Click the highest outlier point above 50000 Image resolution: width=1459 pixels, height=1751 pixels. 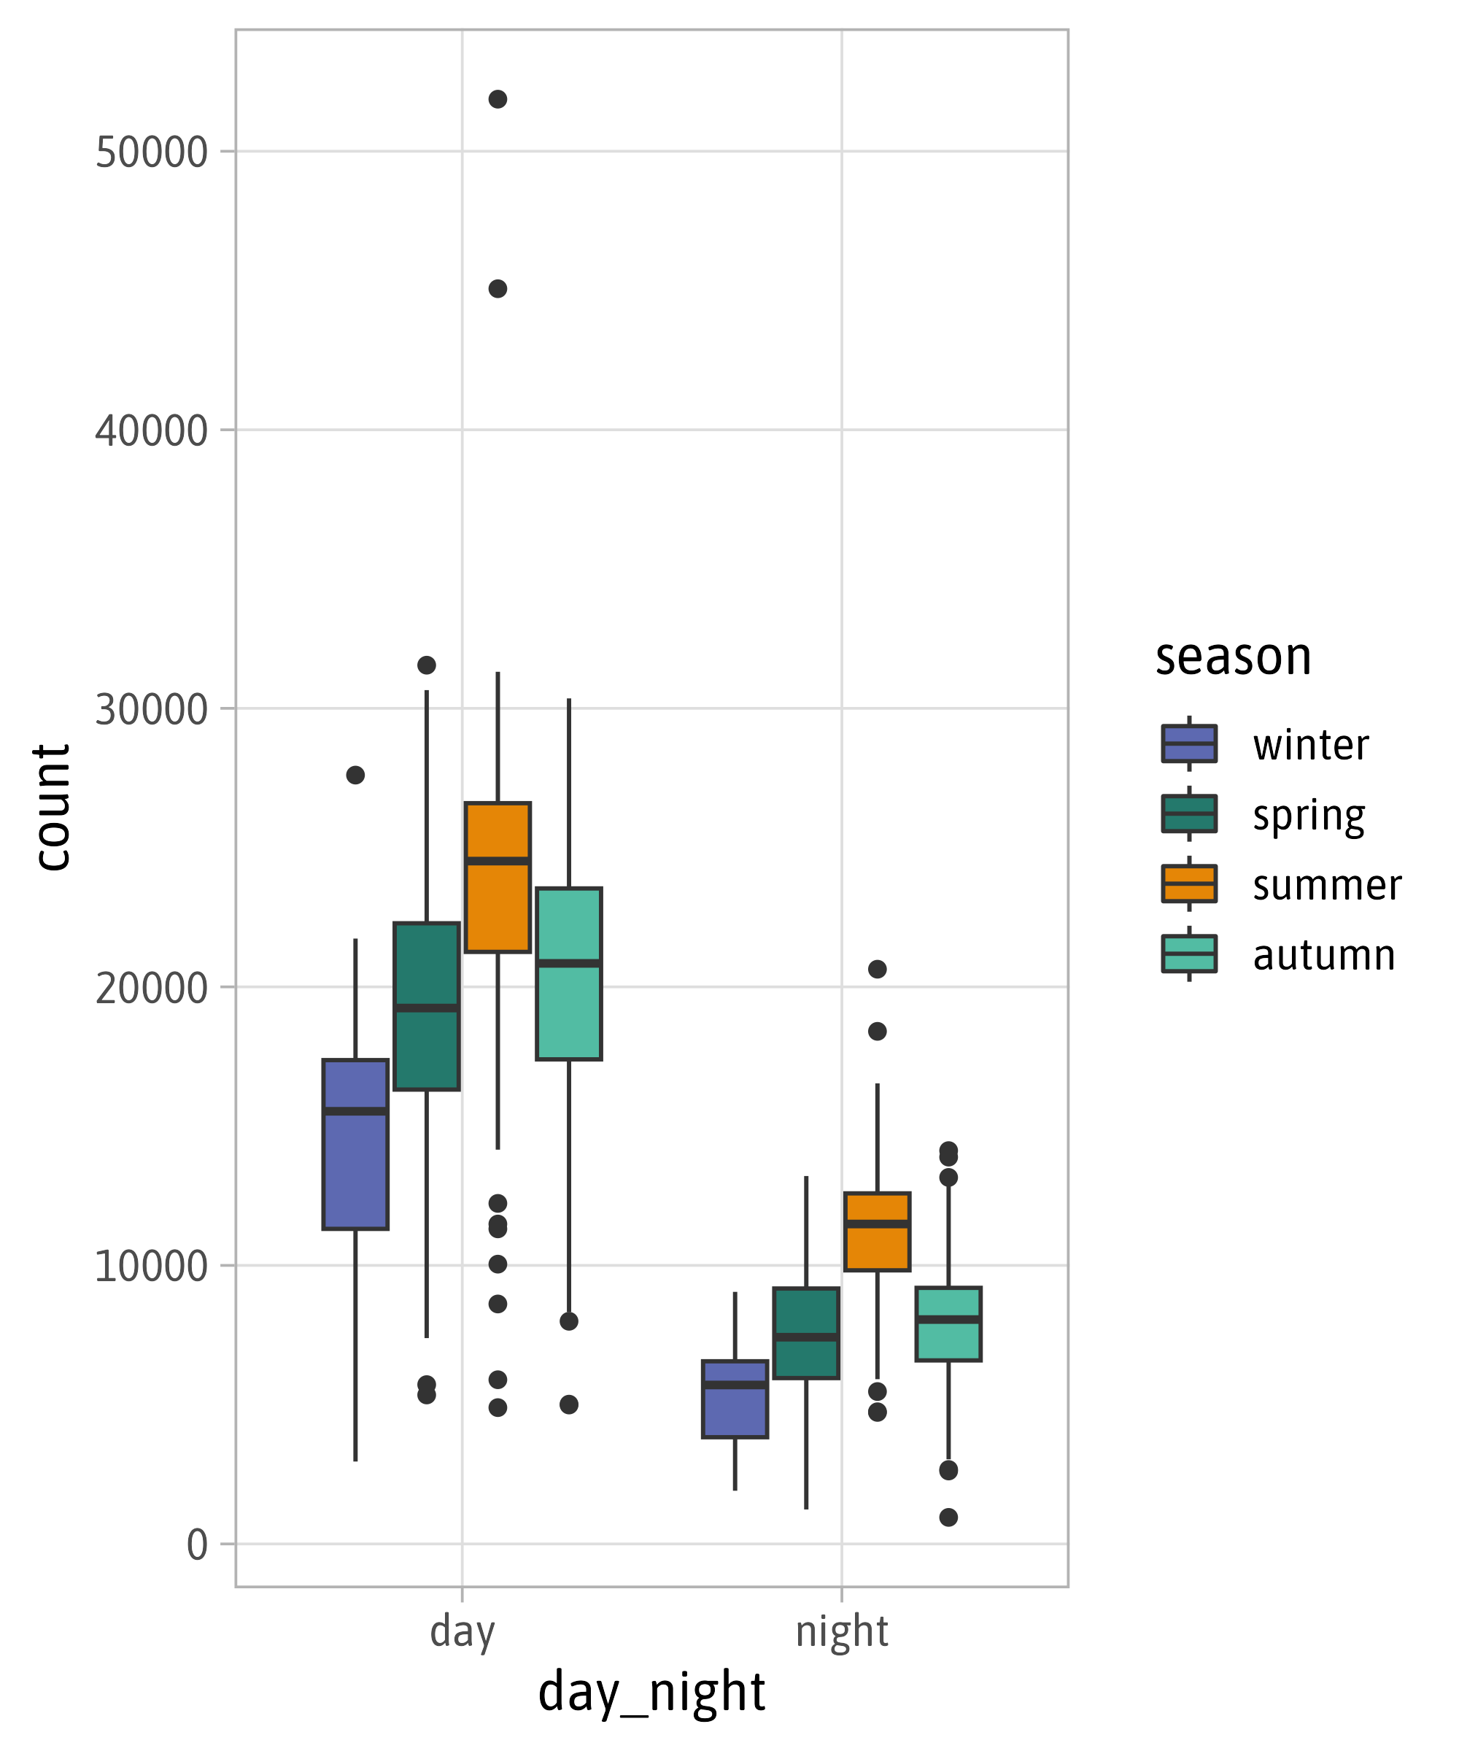coord(498,99)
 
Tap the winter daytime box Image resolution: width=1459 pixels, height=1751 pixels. coord(356,1144)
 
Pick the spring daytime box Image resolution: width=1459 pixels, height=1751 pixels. coord(427,1005)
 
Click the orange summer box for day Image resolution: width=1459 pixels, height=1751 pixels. coord(498,877)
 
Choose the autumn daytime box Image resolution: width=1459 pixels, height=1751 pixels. coord(568,974)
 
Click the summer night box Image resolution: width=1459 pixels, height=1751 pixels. coord(877,1232)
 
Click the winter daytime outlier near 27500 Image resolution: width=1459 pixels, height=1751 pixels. coord(356,776)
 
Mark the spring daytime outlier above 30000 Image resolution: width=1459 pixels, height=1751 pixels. coord(427,665)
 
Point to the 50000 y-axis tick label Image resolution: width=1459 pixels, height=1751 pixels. coord(151,152)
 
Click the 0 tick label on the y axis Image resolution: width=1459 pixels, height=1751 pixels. coord(197,1545)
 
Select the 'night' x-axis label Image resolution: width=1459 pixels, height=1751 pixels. coord(842,1632)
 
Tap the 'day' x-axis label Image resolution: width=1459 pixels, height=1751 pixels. coord(463,1632)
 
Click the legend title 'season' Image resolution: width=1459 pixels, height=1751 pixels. coord(1233,657)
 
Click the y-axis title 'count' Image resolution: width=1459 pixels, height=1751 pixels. coord(52,807)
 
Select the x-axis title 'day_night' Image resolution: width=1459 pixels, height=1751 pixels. coord(652,1693)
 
